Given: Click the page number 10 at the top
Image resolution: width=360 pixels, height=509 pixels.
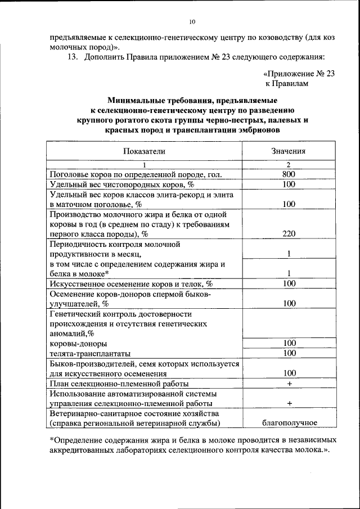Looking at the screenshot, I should pos(191,21).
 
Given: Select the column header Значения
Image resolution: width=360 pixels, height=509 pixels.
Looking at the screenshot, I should pos(289,151).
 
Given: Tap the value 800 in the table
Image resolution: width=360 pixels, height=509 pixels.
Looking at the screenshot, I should pos(289,175).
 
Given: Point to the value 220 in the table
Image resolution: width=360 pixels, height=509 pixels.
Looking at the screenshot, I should pos(289,234).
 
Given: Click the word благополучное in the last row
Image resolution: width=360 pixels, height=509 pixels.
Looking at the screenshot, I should pos(289,423).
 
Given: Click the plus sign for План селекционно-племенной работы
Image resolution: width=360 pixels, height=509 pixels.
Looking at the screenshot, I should pos(289,384).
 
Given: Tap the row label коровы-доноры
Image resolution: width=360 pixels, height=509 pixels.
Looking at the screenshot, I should pos(79,344).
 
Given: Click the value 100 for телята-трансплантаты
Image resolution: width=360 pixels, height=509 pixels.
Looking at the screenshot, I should pos(289,353).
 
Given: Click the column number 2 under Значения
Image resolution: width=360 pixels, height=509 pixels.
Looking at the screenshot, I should pos(288,165).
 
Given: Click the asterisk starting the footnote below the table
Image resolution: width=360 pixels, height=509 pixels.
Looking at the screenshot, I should pos(52,440).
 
